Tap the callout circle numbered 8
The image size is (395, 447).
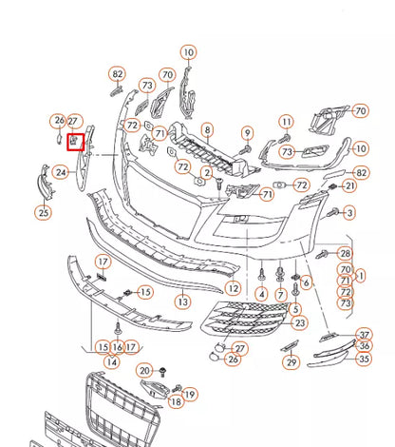point(207,129)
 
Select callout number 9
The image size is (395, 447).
point(247,132)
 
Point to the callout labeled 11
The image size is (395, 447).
point(287,122)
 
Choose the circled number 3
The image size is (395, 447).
point(349,212)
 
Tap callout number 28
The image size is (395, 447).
point(346,253)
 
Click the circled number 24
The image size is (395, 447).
point(60,173)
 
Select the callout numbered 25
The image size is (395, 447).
point(44,213)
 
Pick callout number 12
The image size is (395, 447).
point(234,287)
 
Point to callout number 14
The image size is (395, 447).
point(112,361)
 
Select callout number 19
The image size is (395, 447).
point(189,394)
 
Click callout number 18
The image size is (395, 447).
point(176,402)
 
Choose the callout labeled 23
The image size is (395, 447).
point(300,323)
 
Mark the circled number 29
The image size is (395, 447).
point(292,362)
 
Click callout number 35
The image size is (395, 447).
point(363,360)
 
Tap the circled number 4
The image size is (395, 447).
point(261,294)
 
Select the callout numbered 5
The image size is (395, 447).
point(295,309)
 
